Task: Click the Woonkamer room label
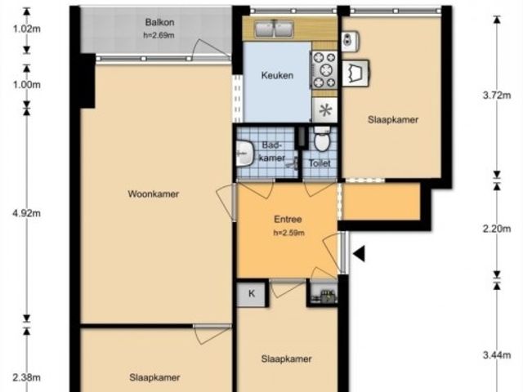[154, 194]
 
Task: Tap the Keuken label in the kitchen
[277, 75]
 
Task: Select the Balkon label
[159, 22]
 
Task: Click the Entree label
[288, 220]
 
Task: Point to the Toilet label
[320, 163]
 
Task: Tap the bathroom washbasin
[244, 154]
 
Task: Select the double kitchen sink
[275, 29]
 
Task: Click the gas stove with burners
[324, 70]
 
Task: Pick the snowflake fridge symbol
[325, 110]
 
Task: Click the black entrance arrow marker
[359, 254]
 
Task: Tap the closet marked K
[252, 294]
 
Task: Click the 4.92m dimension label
[27, 213]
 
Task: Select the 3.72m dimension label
[497, 96]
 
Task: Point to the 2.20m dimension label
[497, 229]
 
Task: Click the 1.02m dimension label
[27, 29]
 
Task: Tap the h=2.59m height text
[288, 233]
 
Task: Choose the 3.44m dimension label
[497, 355]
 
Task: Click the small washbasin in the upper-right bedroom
[350, 42]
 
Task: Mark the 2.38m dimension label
[27, 377]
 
